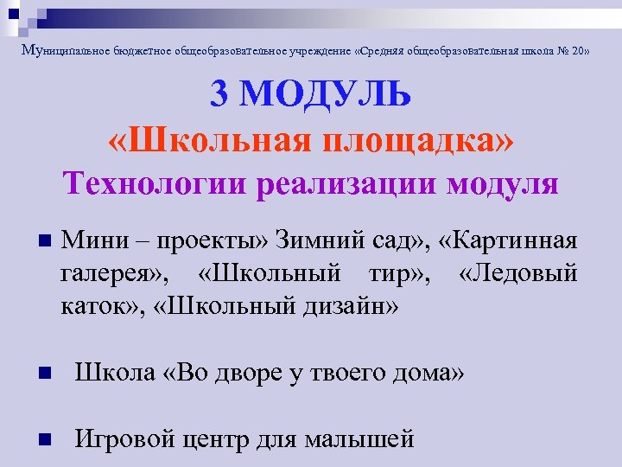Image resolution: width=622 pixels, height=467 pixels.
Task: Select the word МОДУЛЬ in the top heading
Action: point(326,96)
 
